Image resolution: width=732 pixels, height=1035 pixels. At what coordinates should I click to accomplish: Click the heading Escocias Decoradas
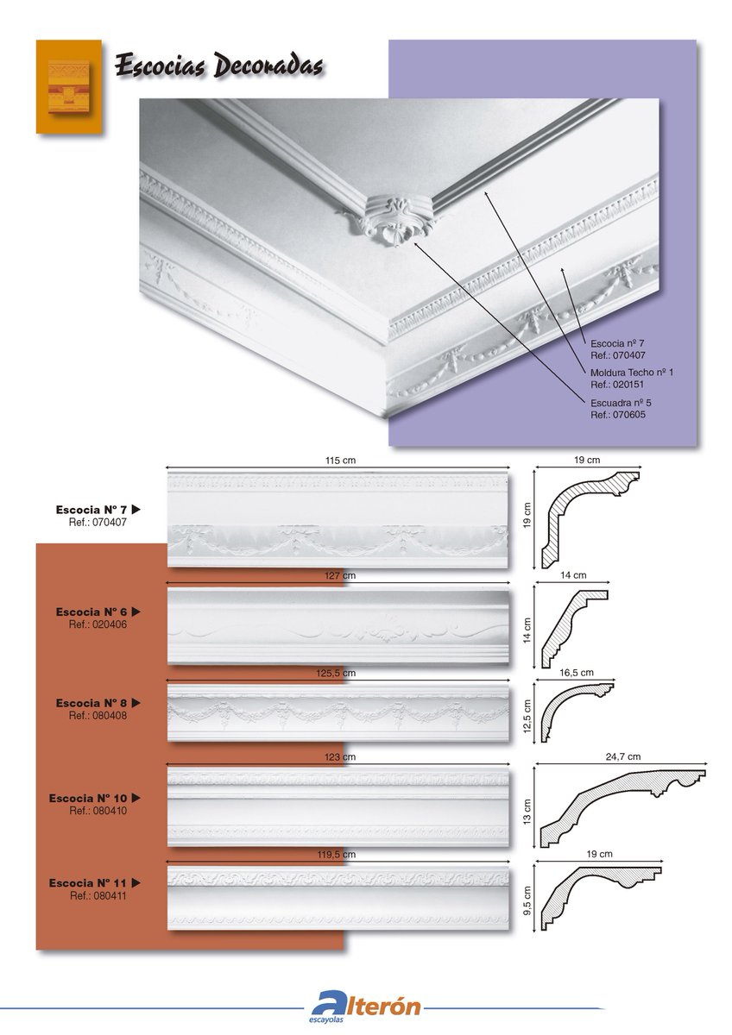[218, 66]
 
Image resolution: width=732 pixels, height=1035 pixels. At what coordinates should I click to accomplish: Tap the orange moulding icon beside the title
[69, 87]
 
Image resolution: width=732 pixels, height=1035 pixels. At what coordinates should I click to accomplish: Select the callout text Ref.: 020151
[617, 385]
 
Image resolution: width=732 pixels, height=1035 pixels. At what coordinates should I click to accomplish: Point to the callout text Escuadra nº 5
[621, 403]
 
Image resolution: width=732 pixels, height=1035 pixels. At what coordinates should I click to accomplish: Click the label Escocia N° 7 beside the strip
[91, 510]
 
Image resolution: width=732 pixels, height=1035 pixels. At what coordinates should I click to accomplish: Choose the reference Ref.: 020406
[98, 624]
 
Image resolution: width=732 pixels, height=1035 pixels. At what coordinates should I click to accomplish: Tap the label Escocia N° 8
[91, 703]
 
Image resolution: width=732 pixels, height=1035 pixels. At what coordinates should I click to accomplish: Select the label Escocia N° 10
[87, 798]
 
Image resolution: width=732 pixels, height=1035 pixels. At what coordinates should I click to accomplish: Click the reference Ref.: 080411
[98, 895]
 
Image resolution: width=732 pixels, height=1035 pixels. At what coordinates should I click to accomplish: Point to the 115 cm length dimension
[340, 461]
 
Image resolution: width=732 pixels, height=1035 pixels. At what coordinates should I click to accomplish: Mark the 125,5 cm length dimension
[336, 673]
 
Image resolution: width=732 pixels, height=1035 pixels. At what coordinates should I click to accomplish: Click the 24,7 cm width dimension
[623, 756]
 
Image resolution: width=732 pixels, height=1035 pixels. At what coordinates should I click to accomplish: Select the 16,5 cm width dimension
[576, 672]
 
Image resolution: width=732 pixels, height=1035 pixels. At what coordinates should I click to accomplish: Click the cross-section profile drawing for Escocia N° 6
[574, 629]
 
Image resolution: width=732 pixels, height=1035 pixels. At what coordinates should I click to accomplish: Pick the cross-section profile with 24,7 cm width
[623, 808]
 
